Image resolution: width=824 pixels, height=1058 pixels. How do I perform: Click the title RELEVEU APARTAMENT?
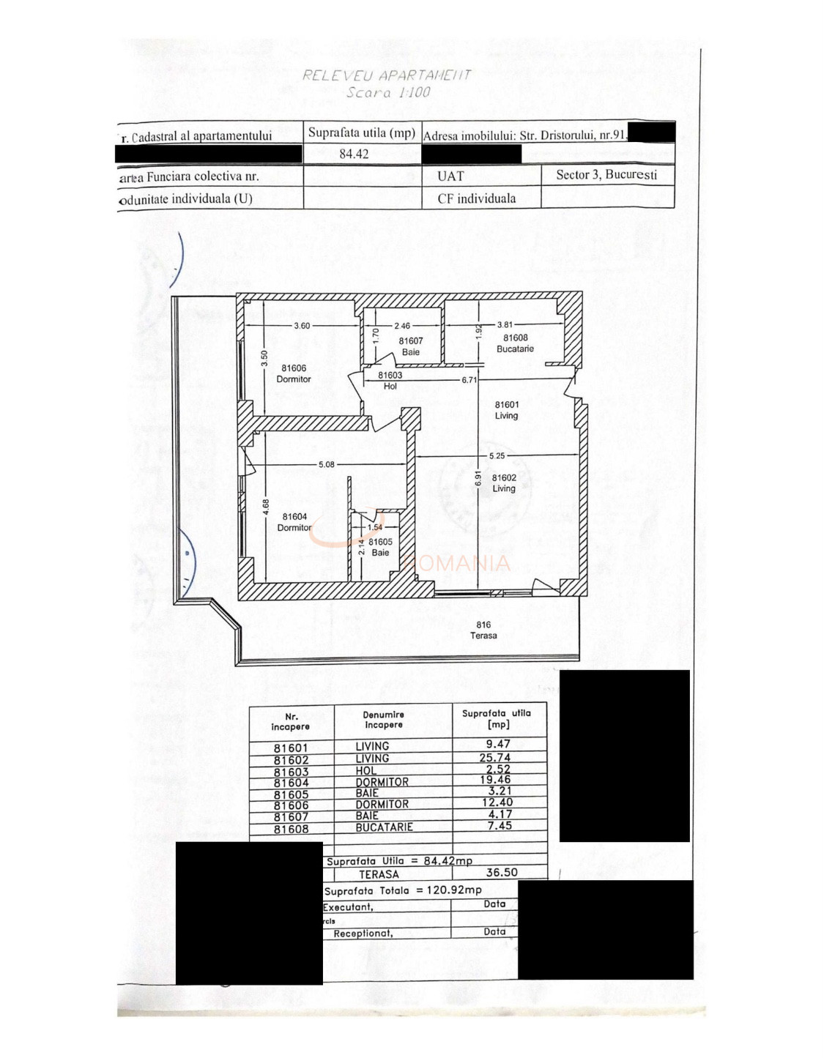[387, 75]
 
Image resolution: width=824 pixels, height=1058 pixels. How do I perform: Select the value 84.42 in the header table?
[354, 154]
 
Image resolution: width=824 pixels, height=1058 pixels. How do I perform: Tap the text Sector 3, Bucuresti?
[606, 175]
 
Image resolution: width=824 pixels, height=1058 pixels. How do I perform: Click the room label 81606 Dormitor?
[294, 373]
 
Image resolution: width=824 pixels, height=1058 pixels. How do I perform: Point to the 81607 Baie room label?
[411, 346]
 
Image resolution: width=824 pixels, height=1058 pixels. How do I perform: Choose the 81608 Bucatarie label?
[516, 343]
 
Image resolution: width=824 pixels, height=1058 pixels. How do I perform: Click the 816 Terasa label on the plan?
[483, 630]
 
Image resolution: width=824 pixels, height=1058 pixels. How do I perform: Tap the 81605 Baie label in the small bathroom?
[380, 547]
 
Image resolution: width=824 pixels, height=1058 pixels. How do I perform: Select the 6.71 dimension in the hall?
[469, 380]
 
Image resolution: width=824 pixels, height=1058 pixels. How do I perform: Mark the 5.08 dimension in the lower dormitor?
[327, 464]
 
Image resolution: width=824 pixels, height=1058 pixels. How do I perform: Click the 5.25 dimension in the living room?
[497, 455]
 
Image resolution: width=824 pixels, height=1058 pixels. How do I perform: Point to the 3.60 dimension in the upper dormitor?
[302, 326]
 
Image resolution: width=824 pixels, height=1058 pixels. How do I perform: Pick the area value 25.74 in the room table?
[495, 758]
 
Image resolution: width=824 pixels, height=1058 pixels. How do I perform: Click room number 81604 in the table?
[291, 783]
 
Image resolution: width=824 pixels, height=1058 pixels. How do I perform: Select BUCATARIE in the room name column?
[385, 827]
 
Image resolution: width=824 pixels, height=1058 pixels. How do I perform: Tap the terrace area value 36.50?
[502, 873]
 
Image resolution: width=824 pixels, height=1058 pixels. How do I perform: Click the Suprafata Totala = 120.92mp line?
[403, 890]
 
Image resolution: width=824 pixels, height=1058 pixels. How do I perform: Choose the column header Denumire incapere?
[384, 720]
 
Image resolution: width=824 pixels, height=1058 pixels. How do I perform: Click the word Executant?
[349, 907]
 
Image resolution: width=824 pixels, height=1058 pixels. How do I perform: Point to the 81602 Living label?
[504, 483]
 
